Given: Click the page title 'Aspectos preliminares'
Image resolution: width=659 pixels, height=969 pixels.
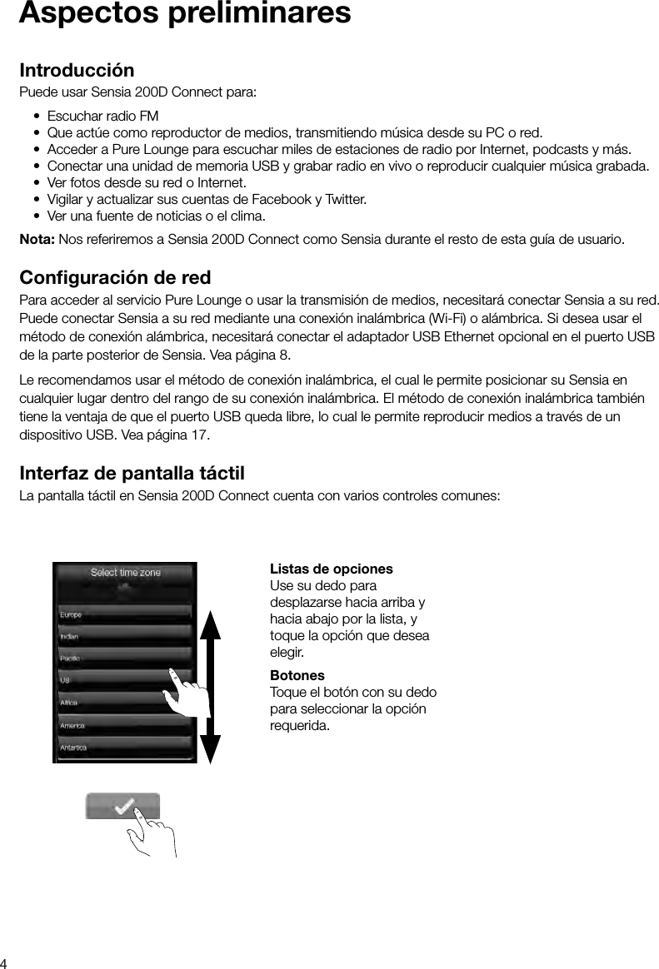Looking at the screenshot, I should tap(184, 14).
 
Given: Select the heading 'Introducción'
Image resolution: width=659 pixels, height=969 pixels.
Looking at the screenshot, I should tap(77, 70).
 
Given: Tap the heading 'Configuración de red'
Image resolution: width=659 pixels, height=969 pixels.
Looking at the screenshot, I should tap(115, 276).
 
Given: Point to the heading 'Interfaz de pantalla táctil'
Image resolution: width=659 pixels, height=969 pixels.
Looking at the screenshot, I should tap(132, 475).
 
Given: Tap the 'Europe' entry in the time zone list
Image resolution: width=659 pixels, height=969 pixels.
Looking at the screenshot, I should tap(72, 615).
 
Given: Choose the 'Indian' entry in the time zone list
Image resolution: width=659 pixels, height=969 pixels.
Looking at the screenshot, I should tap(70, 637).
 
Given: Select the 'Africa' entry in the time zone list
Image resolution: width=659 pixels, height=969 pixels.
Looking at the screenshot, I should tap(70, 703).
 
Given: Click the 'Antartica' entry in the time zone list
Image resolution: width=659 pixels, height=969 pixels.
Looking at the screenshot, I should tap(73, 748).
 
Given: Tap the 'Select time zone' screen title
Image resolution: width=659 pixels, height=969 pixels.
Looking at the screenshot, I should tap(125, 573).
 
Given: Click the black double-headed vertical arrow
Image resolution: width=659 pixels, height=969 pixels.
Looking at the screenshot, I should tap(210, 686).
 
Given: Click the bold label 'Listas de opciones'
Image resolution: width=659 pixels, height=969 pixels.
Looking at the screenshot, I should tap(332, 569).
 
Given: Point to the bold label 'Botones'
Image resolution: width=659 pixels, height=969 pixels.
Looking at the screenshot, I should tap(297, 675).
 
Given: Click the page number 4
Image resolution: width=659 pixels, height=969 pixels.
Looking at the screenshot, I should tap(5, 962).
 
